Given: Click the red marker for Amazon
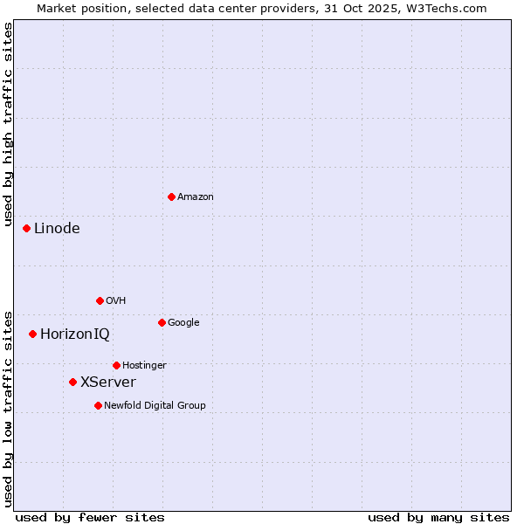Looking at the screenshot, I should click(171, 196).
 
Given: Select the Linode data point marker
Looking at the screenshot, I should click(26, 228).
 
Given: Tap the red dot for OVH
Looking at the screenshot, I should click(100, 300).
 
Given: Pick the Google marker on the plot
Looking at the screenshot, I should click(162, 322).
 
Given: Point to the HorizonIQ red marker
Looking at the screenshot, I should click(32, 334).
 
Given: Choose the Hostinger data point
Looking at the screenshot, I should click(116, 365).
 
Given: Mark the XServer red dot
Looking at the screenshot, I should click(72, 382).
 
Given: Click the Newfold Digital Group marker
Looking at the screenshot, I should click(98, 405).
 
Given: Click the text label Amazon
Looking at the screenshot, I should click(196, 197).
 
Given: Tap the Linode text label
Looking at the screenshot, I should click(57, 229).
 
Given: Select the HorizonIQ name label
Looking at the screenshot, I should click(75, 334).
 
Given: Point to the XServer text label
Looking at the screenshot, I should click(108, 383).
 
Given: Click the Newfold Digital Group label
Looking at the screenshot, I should click(155, 405).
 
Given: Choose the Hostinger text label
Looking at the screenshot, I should click(144, 365).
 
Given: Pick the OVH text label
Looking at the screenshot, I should click(116, 301).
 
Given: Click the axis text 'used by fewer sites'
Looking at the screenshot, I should click(90, 517).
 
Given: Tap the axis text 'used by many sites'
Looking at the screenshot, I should click(438, 517).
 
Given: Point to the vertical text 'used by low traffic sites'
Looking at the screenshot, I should click(8, 408).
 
